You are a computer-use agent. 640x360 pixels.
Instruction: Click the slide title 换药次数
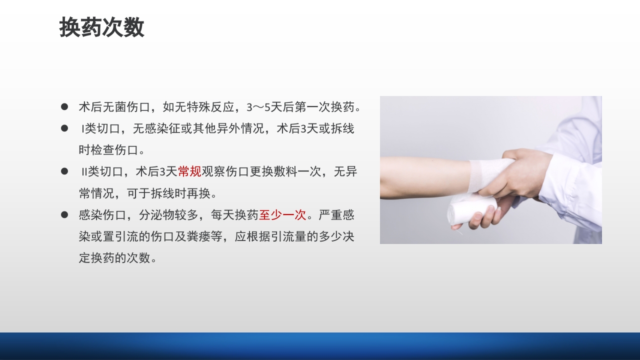[101, 27]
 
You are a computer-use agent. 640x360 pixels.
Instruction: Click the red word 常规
[189, 171]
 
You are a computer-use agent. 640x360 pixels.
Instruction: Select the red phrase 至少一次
[282, 215]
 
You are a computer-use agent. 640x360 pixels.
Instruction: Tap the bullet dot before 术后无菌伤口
[64, 106]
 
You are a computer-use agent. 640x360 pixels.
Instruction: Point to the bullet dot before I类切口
[64, 128]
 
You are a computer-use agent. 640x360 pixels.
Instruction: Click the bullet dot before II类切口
[64, 171]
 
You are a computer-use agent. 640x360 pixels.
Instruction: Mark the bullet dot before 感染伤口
[64, 215]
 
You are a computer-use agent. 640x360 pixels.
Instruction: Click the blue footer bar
[320, 346]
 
